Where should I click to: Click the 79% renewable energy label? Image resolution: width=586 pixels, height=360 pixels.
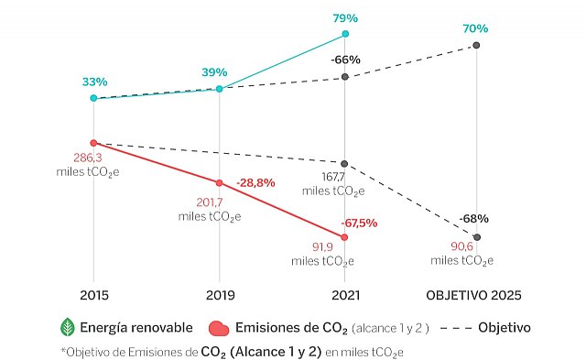click(x=345, y=16)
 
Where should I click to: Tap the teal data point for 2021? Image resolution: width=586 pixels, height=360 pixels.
click(x=345, y=34)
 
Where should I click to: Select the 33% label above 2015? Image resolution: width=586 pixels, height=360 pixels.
click(x=93, y=82)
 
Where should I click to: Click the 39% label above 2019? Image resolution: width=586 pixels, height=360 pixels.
click(x=220, y=72)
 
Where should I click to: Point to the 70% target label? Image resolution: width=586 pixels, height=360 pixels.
click(x=475, y=28)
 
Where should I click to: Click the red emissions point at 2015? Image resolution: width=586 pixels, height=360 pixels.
click(x=93, y=143)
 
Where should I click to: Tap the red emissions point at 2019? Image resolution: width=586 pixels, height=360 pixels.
click(x=220, y=182)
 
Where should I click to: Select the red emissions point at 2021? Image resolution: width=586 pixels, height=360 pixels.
click(x=345, y=237)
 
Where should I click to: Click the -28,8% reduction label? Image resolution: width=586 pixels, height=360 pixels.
click(x=255, y=183)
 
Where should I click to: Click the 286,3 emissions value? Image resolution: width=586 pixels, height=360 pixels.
click(x=93, y=158)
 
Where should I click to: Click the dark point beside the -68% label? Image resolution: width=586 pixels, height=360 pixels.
click(x=476, y=237)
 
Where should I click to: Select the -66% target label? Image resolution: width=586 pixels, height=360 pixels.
click(x=345, y=60)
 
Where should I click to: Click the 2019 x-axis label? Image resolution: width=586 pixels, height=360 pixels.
click(x=220, y=296)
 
